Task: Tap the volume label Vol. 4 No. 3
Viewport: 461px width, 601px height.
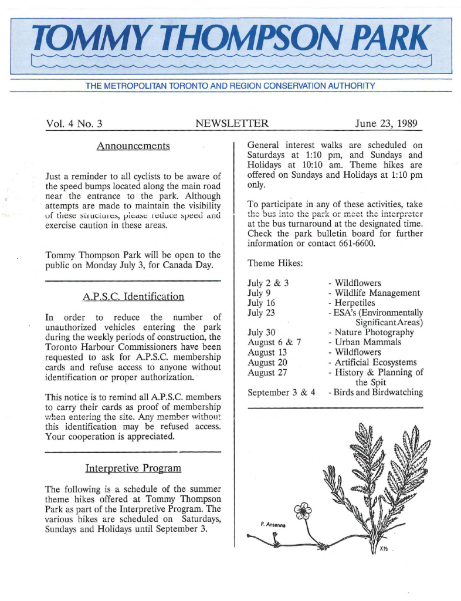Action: click(x=74, y=123)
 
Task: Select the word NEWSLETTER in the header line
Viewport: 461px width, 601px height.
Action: click(x=232, y=123)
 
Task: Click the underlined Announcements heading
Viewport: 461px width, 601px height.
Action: click(x=133, y=145)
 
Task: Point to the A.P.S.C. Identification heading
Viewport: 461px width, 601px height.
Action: click(x=133, y=296)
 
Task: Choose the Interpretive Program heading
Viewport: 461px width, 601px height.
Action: click(x=133, y=468)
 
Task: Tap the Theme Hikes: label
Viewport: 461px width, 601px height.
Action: click(x=275, y=263)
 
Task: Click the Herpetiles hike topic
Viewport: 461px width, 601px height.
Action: click(x=354, y=303)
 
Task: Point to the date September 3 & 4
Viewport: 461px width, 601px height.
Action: click(x=282, y=392)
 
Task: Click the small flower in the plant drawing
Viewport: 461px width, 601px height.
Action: click(x=302, y=511)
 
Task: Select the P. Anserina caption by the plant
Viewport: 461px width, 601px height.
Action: click(x=272, y=524)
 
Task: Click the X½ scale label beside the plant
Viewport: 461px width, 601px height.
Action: click(x=384, y=549)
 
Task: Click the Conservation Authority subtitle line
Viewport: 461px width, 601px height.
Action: click(x=230, y=86)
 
